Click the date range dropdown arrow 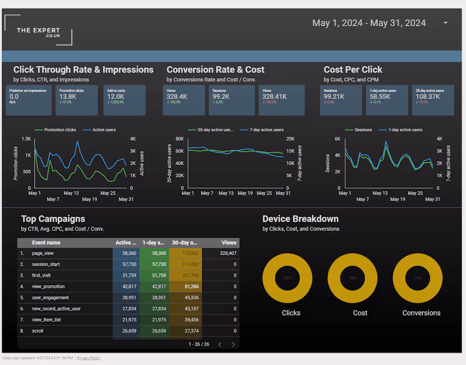pos(445,23)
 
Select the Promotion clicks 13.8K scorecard pos(76,100)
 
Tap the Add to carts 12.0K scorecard pos(124,100)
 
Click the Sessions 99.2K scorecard pos(231,100)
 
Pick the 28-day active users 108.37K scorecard pos(433,100)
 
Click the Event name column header pos(46,243)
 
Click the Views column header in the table pos(229,243)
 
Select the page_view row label pos(43,253)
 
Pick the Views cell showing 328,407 pos(228,253)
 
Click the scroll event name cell pos(38,331)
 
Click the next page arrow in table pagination pos(233,344)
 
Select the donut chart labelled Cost pos(352,278)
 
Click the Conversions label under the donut pos(421,313)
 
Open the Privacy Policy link pos(89,358)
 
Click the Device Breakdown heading pos(300,219)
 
